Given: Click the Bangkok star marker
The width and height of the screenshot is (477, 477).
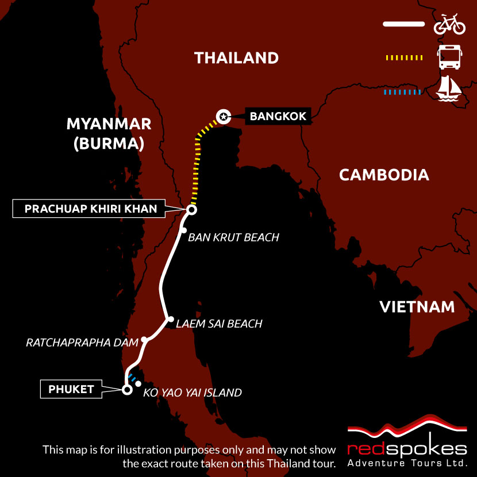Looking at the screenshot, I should pyautogui.click(x=222, y=117).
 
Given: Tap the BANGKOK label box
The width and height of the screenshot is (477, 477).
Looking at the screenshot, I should pyautogui.click(x=278, y=117).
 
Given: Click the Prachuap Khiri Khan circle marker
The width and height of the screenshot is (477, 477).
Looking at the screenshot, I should pyautogui.click(x=192, y=210).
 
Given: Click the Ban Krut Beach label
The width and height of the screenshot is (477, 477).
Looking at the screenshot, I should pyautogui.click(x=233, y=237).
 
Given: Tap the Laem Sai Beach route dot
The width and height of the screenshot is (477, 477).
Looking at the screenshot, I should pyautogui.click(x=169, y=320).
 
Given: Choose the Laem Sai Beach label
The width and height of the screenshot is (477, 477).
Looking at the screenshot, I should pyautogui.click(x=219, y=324).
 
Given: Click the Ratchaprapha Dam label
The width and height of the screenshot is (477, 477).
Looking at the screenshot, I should pyautogui.click(x=82, y=343).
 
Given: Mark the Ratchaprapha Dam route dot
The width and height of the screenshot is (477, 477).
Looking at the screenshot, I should pyautogui.click(x=145, y=340).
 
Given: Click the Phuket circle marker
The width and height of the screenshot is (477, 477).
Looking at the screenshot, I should pyautogui.click(x=126, y=390).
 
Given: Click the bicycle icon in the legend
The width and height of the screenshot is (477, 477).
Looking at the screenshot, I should pyautogui.click(x=449, y=25).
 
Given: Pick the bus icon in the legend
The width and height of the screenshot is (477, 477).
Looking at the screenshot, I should pyautogui.click(x=449, y=58).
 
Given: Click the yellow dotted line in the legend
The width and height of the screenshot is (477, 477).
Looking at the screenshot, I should pyautogui.click(x=403, y=57).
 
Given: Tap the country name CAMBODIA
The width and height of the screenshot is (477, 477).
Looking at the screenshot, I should pyautogui.click(x=384, y=175).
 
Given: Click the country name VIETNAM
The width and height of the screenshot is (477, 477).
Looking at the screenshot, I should pyautogui.click(x=417, y=307).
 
